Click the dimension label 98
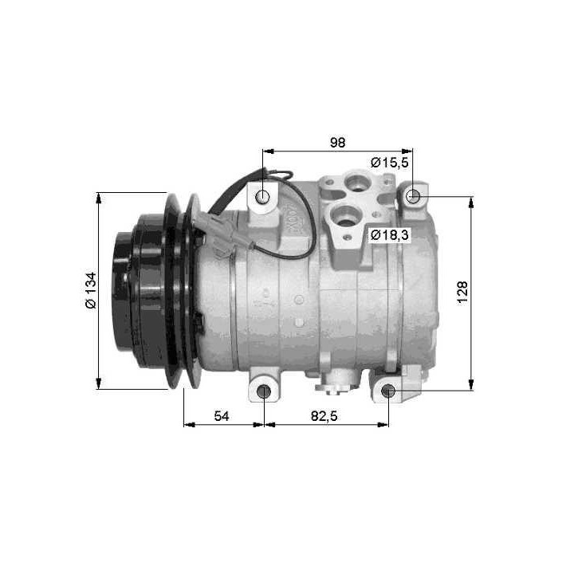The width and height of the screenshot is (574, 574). click(337, 142)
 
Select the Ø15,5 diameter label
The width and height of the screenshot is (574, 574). click(389, 162)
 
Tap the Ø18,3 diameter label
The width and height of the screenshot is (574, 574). click(389, 235)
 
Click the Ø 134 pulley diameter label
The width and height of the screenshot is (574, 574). click(90, 291)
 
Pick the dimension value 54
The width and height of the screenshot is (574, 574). click(223, 416)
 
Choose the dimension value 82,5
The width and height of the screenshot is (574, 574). click(326, 416)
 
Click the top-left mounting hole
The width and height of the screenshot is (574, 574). click(264, 196)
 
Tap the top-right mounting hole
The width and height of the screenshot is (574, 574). click(412, 196)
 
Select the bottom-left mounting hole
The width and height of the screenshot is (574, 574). click(265, 391)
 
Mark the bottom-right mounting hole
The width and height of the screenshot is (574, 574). click(388, 391)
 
